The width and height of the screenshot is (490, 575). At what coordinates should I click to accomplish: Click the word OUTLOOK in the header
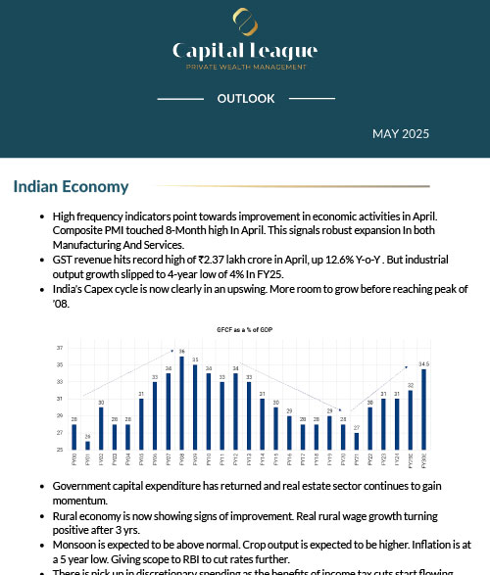click(x=245, y=99)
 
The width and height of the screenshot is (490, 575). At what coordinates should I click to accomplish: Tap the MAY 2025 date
click(x=400, y=133)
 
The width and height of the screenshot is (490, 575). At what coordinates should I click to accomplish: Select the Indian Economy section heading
click(x=71, y=186)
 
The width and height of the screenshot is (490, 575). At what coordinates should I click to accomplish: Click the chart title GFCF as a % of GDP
click(x=244, y=331)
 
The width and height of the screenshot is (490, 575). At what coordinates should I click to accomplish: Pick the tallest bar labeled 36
click(x=182, y=402)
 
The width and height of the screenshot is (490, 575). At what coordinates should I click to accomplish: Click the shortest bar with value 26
click(x=87, y=444)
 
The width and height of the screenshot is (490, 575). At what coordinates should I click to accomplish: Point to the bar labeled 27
click(x=357, y=441)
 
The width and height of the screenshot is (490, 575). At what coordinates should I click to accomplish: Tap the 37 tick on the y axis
click(x=60, y=348)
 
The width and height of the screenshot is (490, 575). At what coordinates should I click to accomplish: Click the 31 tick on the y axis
click(x=60, y=399)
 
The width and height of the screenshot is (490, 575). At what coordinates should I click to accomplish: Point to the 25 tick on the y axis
click(x=60, y=449)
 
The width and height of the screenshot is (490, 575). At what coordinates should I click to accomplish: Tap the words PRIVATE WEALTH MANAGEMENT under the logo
click(x=245, y=67)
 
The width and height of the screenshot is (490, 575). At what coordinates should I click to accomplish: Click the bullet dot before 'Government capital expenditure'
click(x=39, y=486)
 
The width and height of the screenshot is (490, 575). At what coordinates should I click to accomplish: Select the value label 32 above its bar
click(x=410, y=386)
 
